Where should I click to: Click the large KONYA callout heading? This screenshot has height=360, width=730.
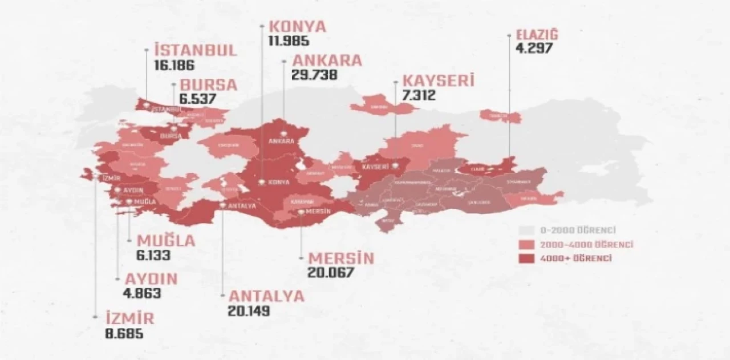(297, 26)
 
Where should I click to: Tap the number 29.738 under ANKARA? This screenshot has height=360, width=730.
(314, 75)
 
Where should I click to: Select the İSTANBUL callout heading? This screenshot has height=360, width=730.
(195, 50)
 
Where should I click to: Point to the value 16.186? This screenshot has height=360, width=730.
(175, 64)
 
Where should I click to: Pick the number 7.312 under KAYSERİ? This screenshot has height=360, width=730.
(419, 95)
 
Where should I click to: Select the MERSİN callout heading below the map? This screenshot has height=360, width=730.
(340, 258)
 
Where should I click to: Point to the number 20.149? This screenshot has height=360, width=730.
(248, 311)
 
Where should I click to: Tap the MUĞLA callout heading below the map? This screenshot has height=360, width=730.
(163, 241)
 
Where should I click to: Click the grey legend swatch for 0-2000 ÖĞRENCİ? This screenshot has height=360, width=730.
(526, 230)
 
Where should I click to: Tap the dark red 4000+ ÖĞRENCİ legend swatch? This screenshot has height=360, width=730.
(526, 258)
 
